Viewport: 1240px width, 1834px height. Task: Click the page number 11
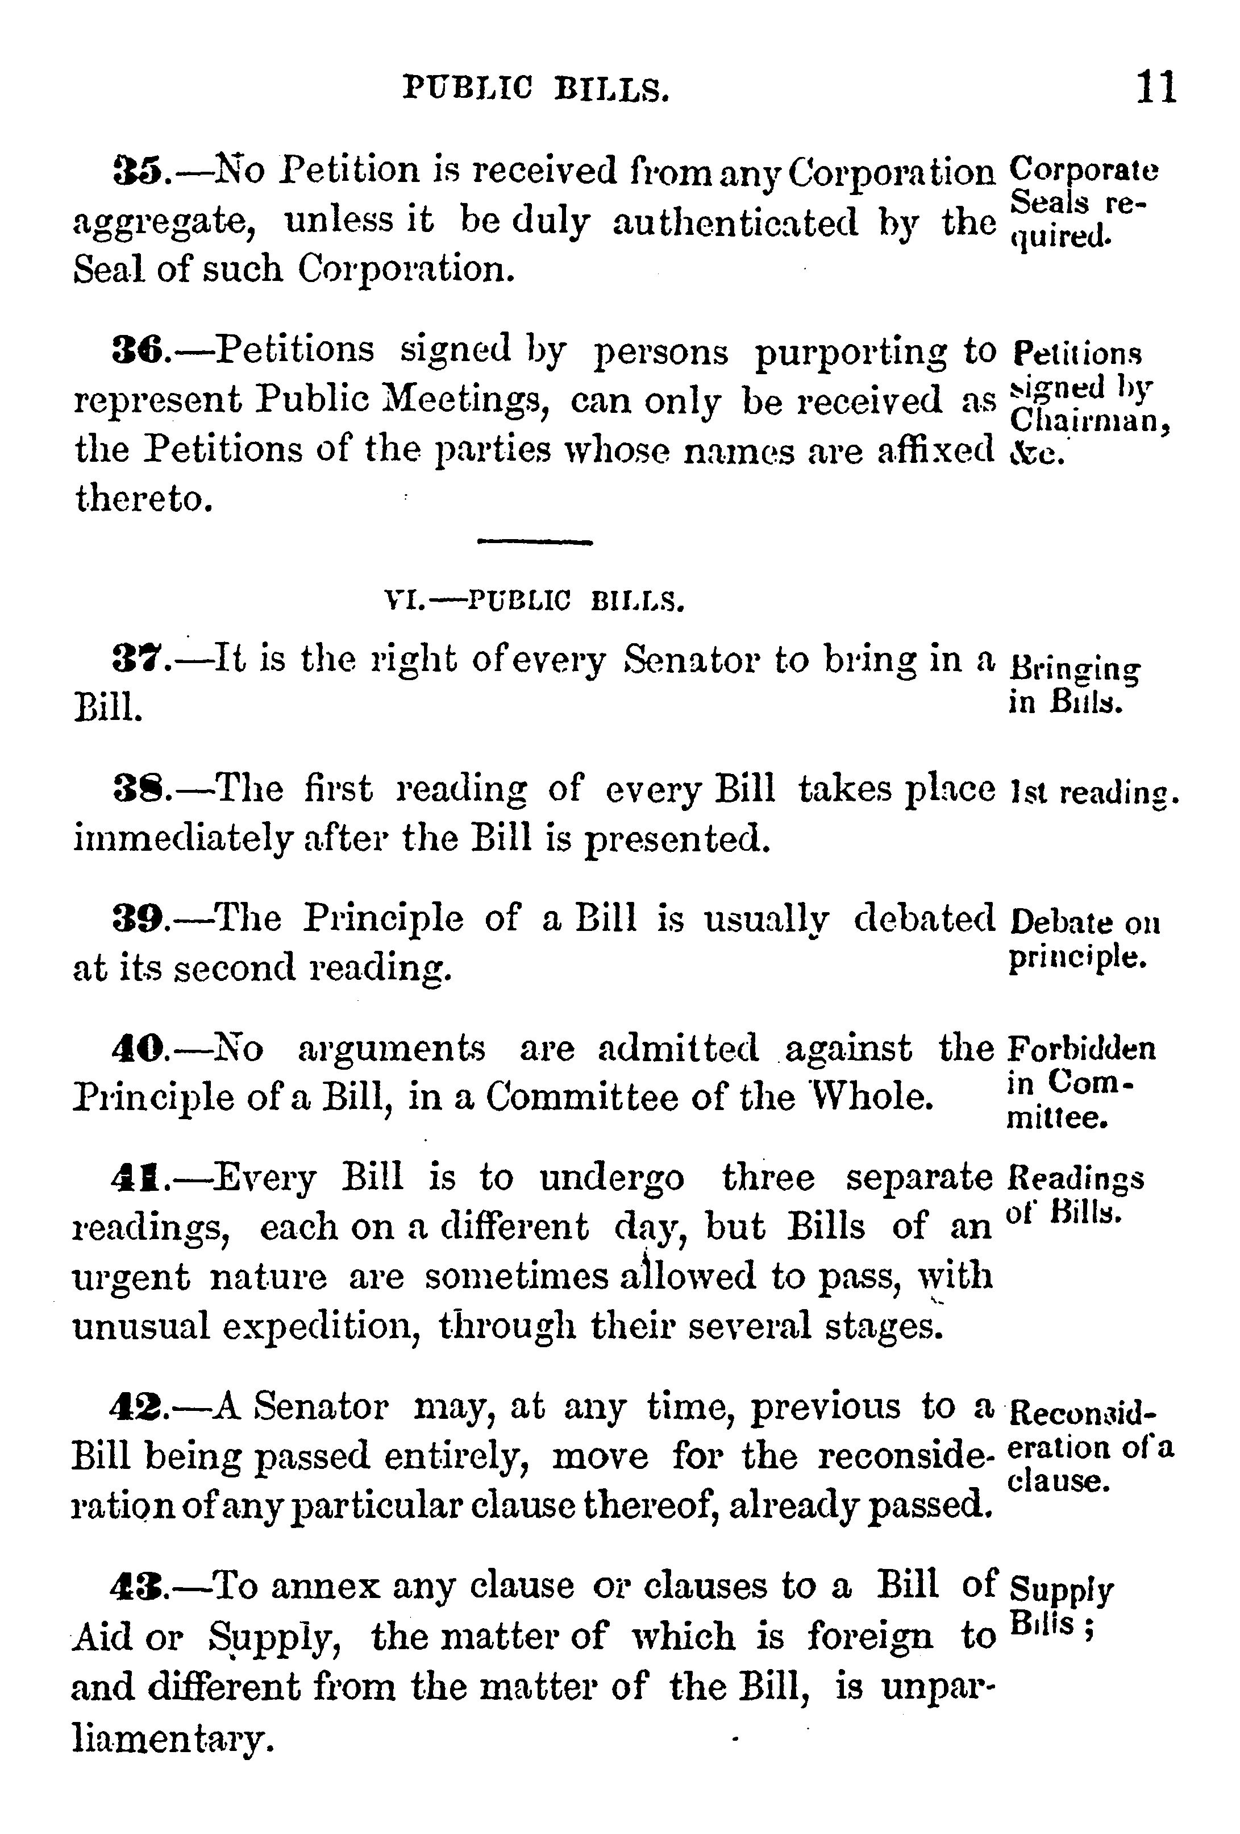[x=1155, y=87]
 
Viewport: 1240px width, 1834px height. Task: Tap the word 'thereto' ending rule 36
[x=144, y=498]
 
